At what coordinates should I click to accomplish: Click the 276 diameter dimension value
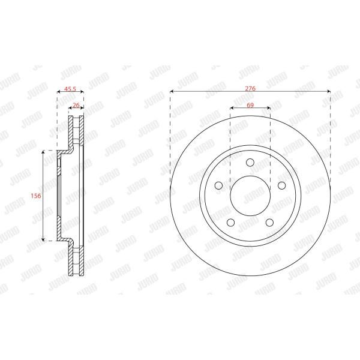tap(250, 88)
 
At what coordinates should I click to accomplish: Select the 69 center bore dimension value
tap(250, 105)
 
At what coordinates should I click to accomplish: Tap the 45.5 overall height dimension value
tap(70, 89)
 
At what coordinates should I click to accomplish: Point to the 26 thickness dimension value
tap(76, 105)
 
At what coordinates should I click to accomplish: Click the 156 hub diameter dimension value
tap(36, 196)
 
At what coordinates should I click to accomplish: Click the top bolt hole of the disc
tap(250, 163)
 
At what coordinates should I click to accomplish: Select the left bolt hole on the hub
tap(218, 185)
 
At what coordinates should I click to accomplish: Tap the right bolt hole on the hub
tap(282, 185)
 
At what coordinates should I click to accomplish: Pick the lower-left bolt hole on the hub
tap(230, 222)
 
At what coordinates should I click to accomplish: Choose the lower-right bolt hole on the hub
tap(269, 222)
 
